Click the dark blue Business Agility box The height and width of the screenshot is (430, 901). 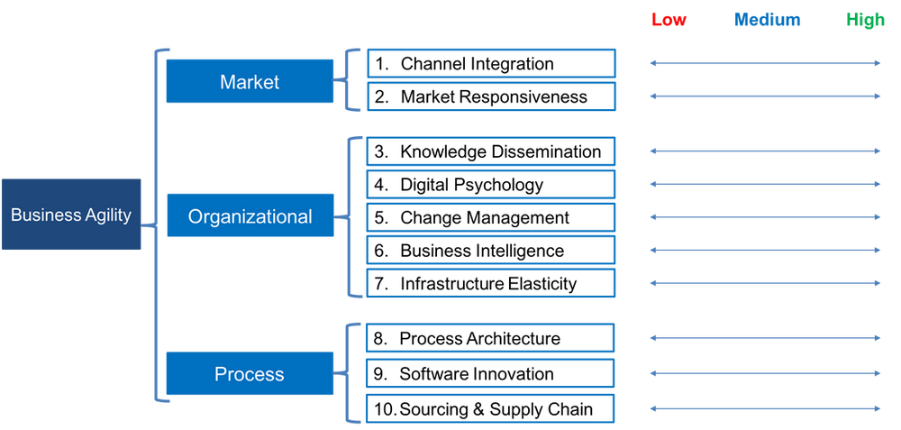coord(72,215)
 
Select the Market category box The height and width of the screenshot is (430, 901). coord(250,82)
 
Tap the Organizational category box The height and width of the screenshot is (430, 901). coord(250,216)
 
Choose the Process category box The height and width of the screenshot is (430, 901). coord(250,373)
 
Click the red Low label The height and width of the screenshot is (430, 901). coord(669,21)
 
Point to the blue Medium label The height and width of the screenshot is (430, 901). coord(767,21)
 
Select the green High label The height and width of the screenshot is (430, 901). coord(866,21)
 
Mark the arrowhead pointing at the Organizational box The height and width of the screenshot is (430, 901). coord(340,216)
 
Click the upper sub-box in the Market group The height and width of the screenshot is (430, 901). coord(494,62)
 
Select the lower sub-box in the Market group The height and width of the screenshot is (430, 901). coord(494,96)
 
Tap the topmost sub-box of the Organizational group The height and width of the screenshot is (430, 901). coord(494,151)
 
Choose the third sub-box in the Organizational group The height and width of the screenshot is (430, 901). coord(494,217)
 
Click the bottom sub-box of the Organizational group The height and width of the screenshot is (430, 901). coord(494,284)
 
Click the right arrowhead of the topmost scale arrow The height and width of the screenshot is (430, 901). coord(878,62)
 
